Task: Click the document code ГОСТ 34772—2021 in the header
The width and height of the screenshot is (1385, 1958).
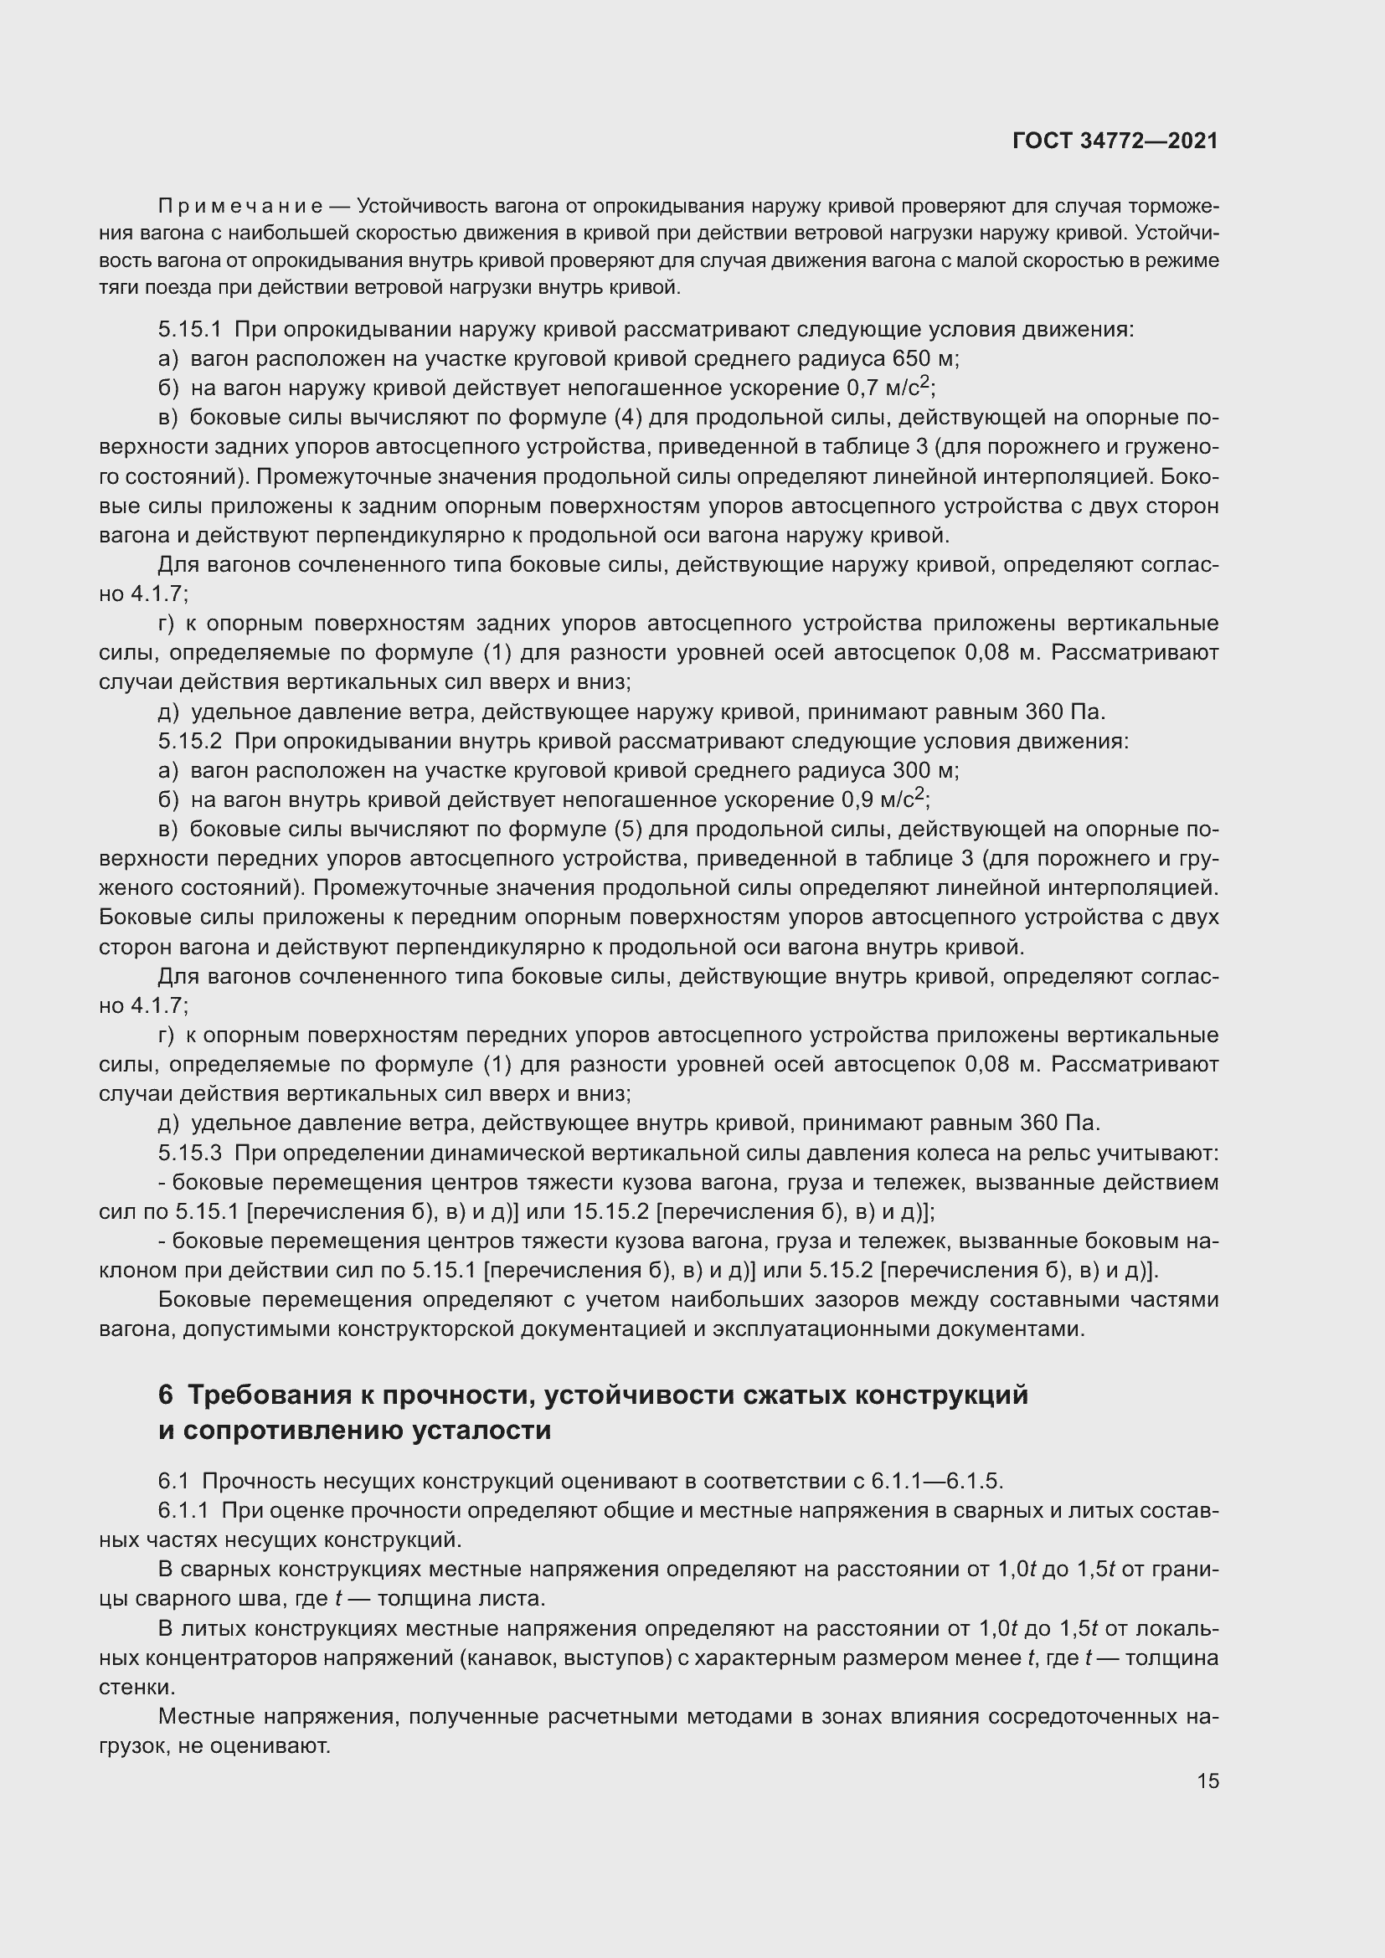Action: tap(1115, 141)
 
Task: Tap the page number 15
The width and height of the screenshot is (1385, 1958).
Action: tap(1207, 1781)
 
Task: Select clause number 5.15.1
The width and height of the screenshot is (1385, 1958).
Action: tap(189, 329)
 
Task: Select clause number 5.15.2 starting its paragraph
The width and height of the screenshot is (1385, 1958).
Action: tap(189, 741)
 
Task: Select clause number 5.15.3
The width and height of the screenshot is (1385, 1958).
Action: tap(189, 1153)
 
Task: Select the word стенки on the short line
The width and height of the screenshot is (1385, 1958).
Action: tap(136, 1687)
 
